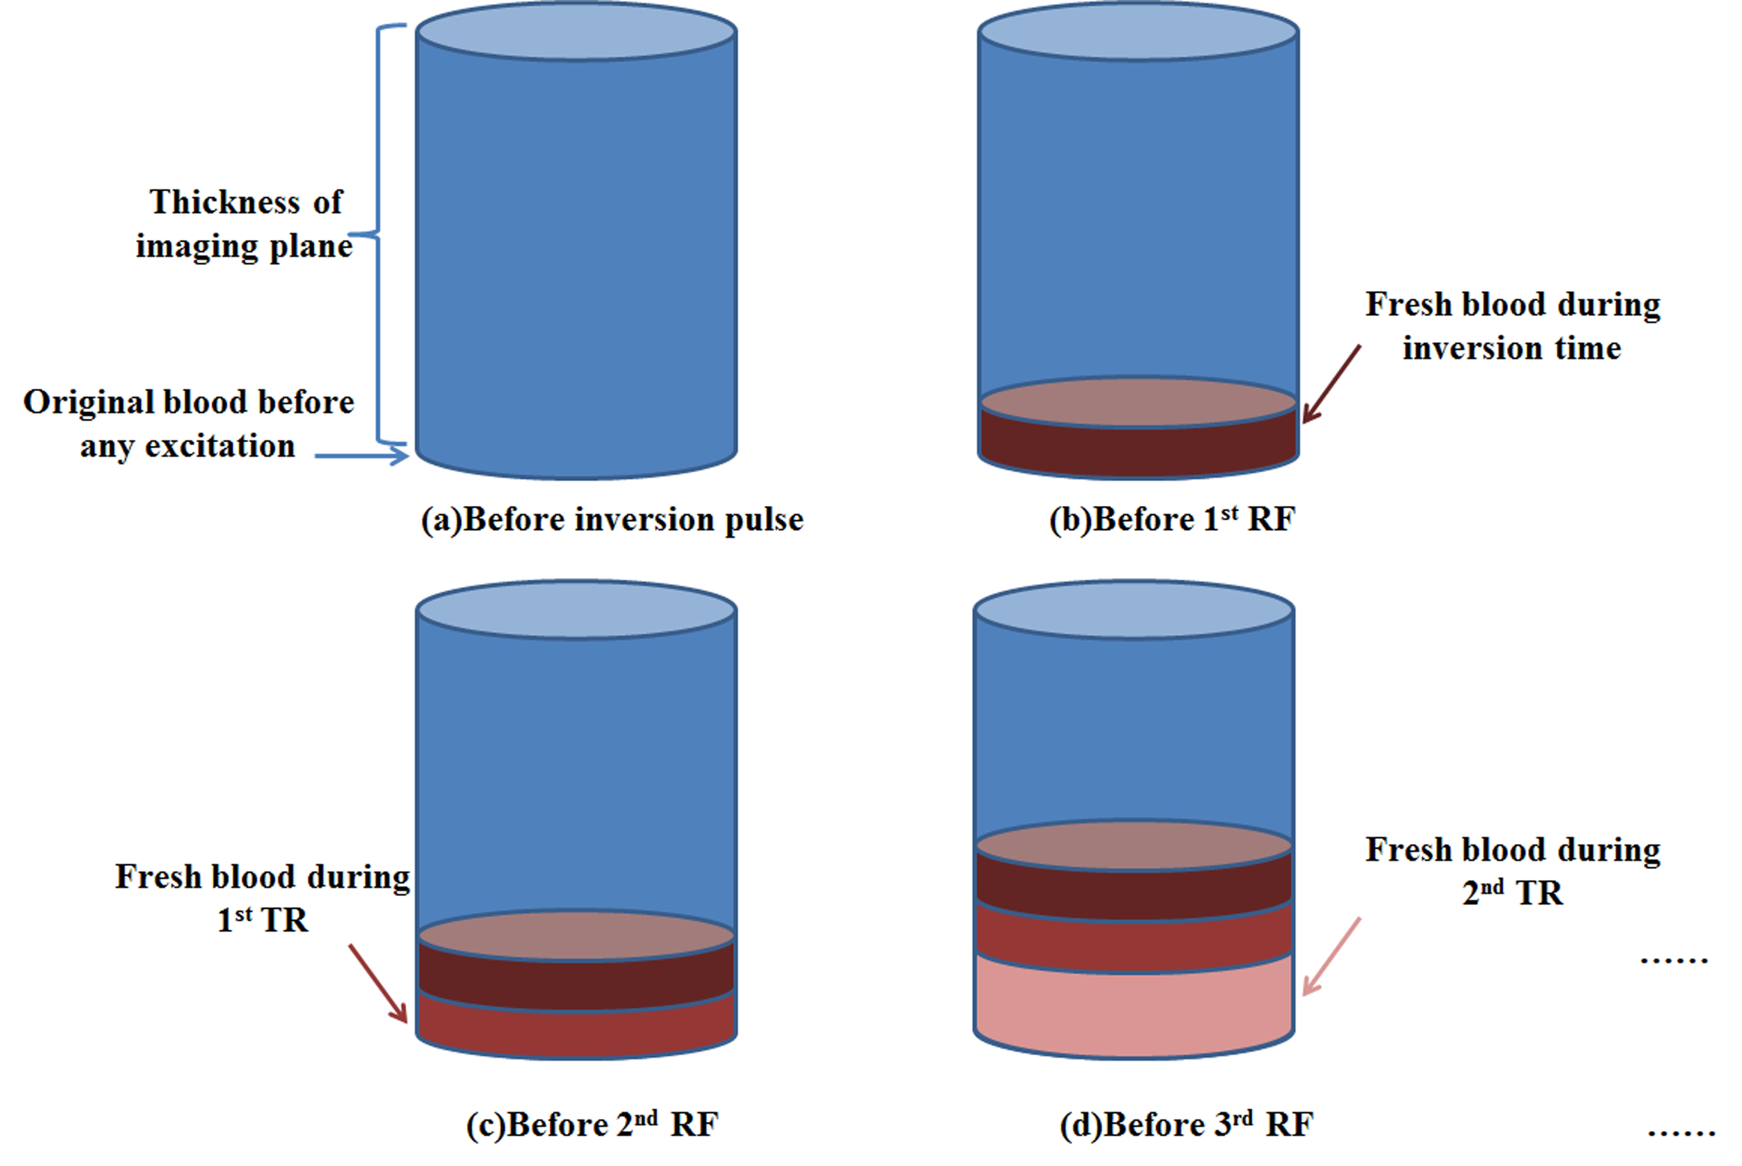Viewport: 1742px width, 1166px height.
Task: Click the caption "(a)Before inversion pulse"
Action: point(611,519)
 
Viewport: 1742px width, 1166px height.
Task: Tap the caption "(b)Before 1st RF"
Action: point(1172,519)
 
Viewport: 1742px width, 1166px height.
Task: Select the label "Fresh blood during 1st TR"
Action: point(262,898)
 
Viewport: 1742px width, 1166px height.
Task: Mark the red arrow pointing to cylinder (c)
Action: point(378,983)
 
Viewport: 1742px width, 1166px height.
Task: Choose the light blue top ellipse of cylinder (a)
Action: point(576,31)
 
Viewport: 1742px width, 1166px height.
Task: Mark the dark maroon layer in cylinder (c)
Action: point(576,983)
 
